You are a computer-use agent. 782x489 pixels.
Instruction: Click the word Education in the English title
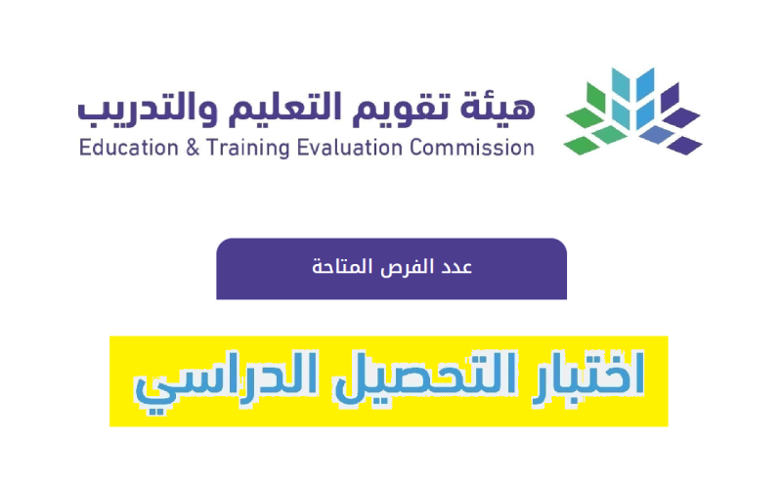pyautogui.click(x=129, y=148)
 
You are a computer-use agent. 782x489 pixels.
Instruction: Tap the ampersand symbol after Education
pyautogui.click(x=193, y=149)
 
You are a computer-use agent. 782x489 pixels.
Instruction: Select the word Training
pyautogui.click(x=248, y=149)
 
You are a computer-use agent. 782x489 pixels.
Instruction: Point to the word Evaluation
pyautogui.click(x=350, y=148)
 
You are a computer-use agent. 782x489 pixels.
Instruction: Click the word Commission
pyautogui.click(x=472, y=148)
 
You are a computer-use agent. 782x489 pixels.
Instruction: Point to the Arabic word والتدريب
pyautogui.click(x=148, y=109)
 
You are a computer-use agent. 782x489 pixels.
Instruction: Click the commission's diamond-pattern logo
pyautogui.click(x=633, y=111)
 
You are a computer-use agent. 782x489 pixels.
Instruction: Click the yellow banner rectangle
pyautogui.click(x=388, y=381)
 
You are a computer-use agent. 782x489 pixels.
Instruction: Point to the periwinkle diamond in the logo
pyautogui.click(x=657, y=135)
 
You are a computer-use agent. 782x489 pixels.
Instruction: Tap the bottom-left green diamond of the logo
pyautogui.click(x=582, y=145)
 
